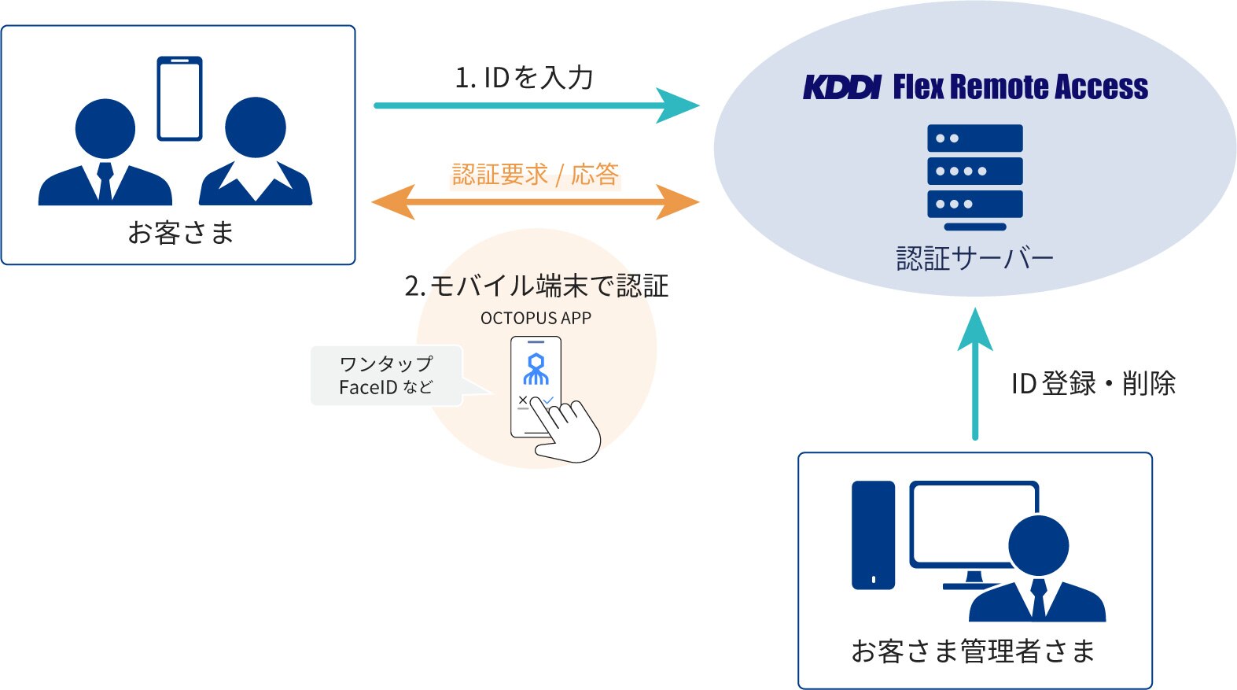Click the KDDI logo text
point(841,87)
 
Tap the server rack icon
point(974,175)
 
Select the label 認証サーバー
point(974,259)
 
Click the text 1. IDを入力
point(524,78)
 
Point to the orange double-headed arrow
point(535,202)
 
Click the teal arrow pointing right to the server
point(535,105)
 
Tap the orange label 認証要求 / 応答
point(535,175)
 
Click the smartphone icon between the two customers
point(179,98)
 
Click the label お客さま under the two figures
point(180,233)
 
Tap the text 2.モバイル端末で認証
point(536,286)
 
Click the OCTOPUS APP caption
point(536,318)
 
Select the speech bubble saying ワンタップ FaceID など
point(386,375)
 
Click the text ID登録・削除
point(1093,384)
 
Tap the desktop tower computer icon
point(873,535)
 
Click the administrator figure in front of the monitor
point(1038,574)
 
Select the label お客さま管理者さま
point(974,651)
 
